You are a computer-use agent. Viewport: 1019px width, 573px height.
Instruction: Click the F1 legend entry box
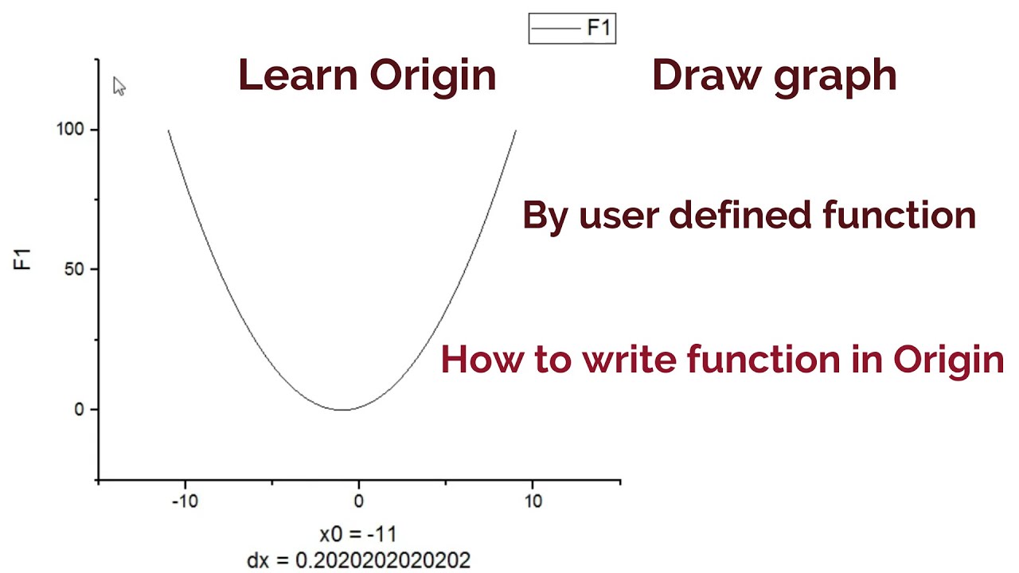click(572, 29)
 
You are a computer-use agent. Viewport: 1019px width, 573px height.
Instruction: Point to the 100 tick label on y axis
click(71, 129)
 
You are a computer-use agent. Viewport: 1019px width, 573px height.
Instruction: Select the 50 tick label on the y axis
click(76, 269)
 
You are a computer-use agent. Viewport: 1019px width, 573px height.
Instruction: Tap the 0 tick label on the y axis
click(79, 409)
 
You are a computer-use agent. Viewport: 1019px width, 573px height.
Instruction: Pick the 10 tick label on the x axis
click(533, 501)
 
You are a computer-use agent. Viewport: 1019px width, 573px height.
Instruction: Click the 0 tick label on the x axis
click(359, 501)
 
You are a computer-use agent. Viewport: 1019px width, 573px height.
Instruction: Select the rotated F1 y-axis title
click(23, 259)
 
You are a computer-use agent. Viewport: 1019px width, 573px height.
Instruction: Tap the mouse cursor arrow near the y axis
click(119, 86)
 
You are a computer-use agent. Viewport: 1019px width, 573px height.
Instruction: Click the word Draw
click(695, 76)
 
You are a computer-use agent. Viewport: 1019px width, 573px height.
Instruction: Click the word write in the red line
click(630, 359)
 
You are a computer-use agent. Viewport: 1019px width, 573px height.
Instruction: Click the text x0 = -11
click(358, 533)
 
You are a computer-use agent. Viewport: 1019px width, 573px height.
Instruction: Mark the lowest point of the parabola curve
click(342, 410)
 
